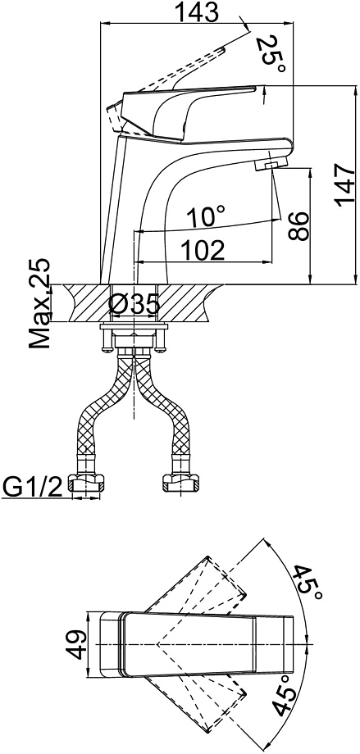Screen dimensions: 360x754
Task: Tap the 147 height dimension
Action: [346, 184]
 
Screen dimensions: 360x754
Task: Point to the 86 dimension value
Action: [298, 225]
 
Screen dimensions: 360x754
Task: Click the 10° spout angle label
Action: [206, 216]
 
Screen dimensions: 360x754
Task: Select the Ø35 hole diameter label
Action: [134, 304]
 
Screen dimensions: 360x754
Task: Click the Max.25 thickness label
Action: [39, 303]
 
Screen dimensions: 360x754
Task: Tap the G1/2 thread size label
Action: [32, 488]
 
